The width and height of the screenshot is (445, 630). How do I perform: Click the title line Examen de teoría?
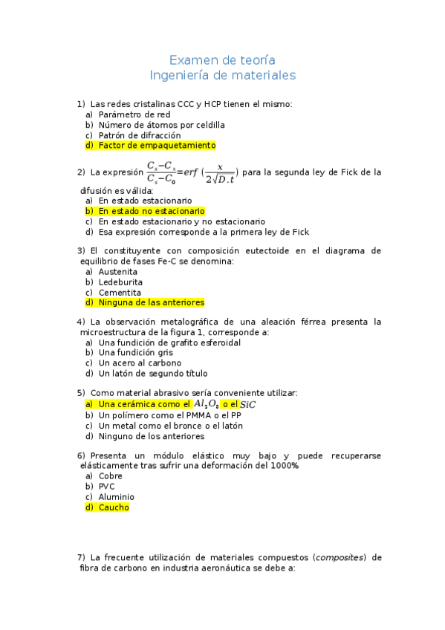point(222,59)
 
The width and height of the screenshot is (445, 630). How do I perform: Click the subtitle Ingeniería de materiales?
point(222,75)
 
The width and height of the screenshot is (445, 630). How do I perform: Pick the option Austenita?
point(117,272)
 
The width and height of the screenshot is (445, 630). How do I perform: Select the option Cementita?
point(119,293)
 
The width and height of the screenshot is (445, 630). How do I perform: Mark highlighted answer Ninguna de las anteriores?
point(151,302)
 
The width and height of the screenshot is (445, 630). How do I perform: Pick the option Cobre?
point(111,476)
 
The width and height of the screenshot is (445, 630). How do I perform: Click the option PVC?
point(107,487)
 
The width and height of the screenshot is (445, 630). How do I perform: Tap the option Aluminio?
point(116,497)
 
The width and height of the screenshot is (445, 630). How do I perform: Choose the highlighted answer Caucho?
point(113,507)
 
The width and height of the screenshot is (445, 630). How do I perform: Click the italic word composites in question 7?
point(340,557)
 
